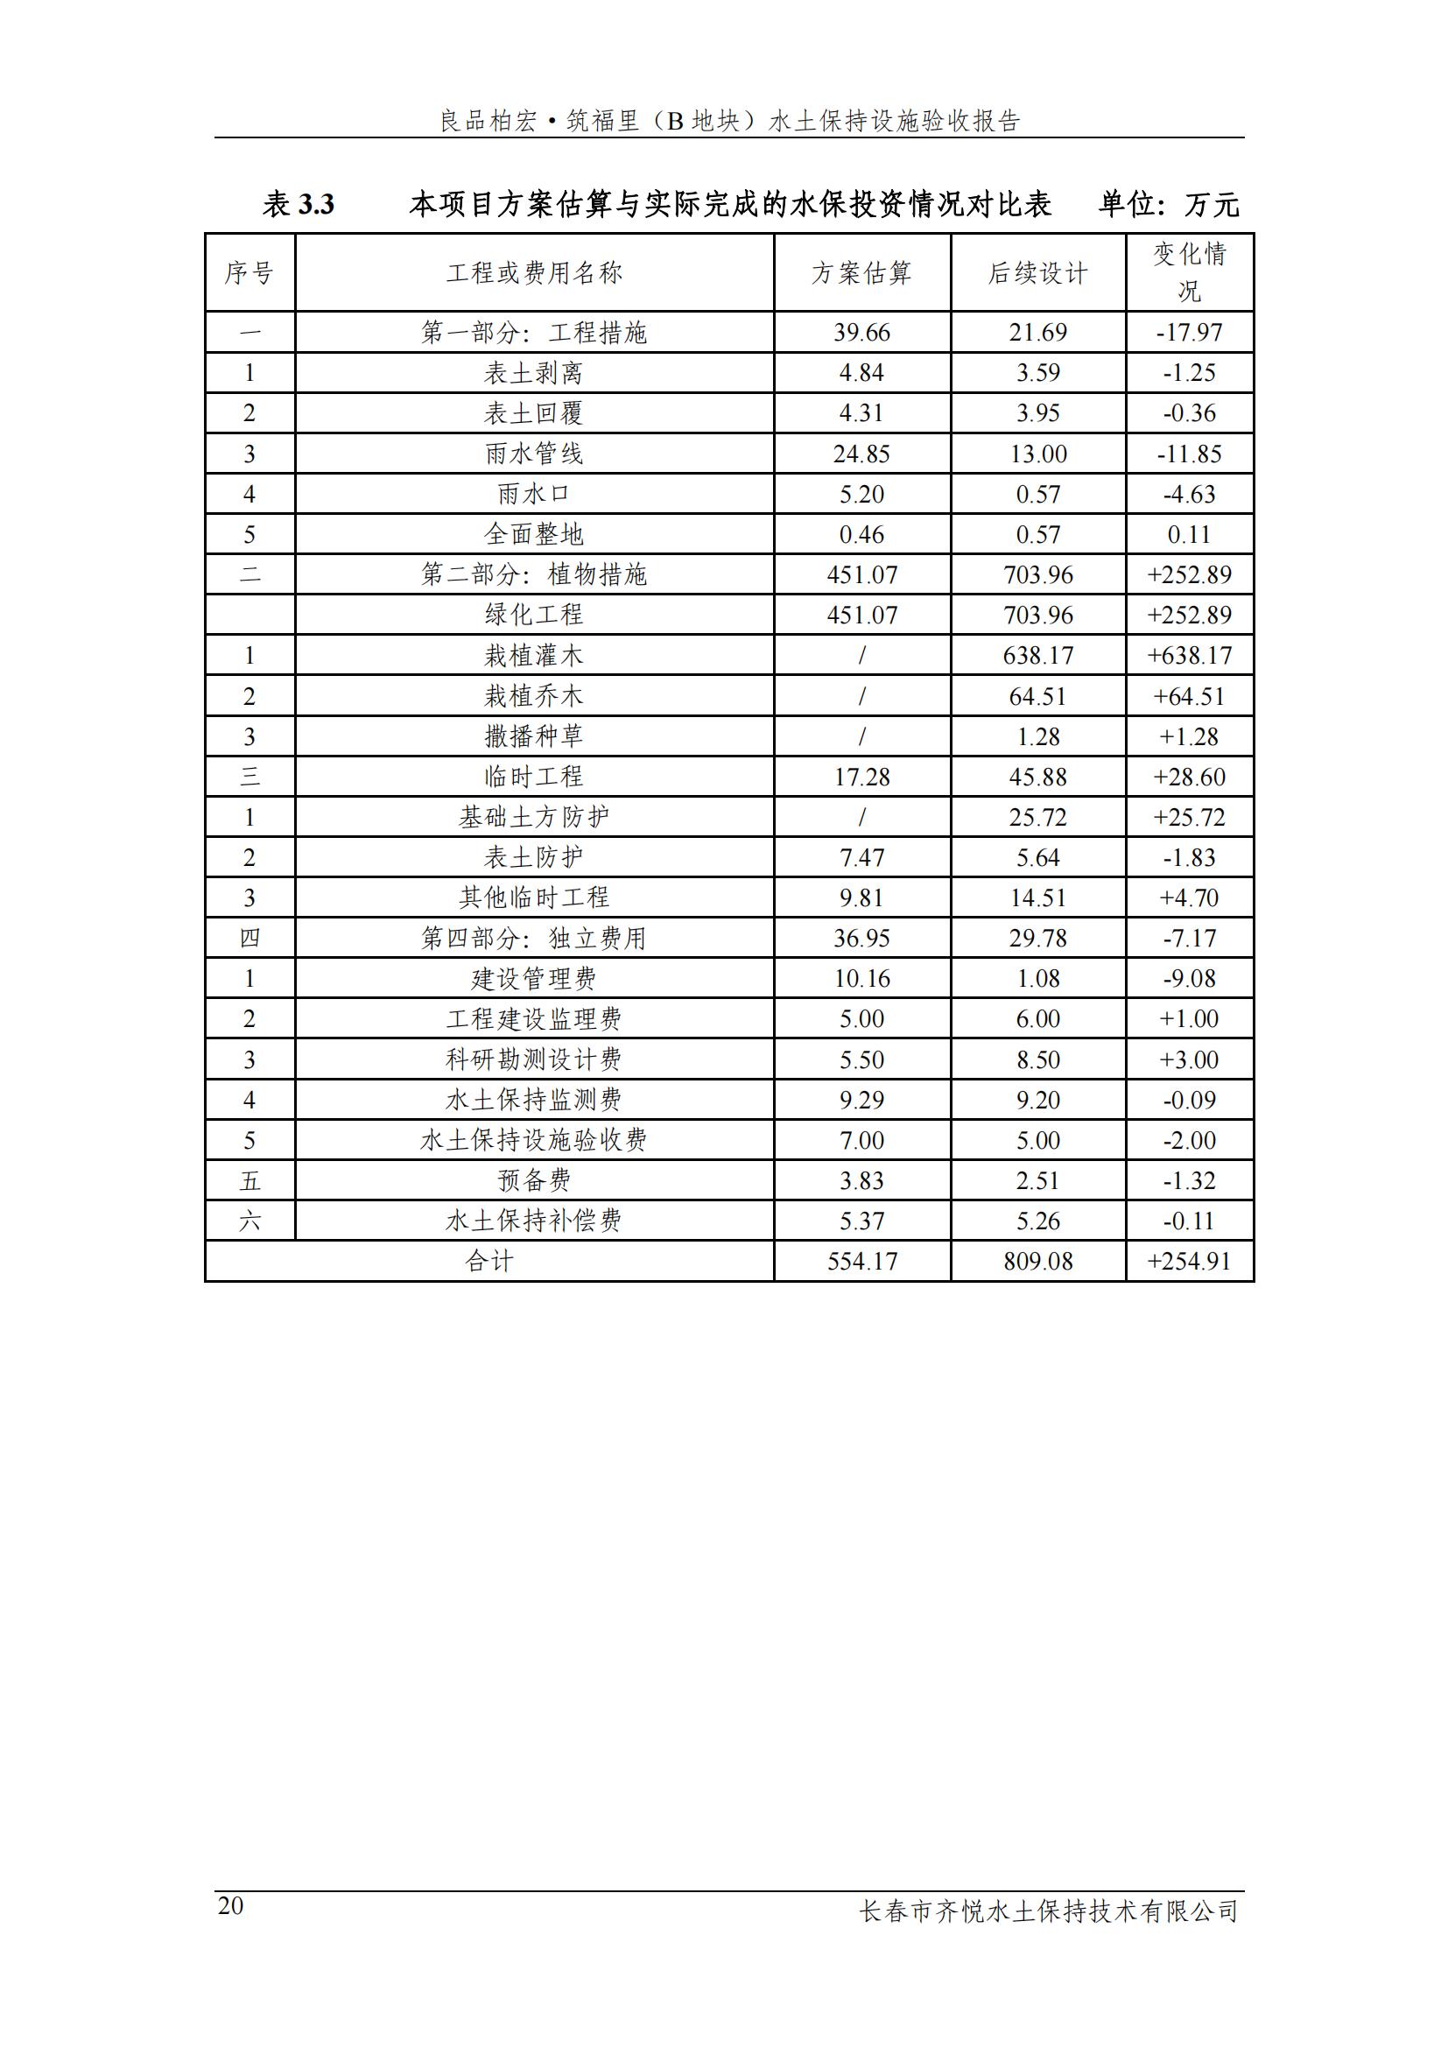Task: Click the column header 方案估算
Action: click(861, 273)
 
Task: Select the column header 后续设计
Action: click(1038, 273)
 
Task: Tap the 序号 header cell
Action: click(250, 273)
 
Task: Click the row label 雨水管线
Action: click(533, 454)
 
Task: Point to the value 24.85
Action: click(861, 454)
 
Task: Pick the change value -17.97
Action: click(1190, 333)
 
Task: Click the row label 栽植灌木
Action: click(533, 656)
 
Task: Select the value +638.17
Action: click(1190, 656)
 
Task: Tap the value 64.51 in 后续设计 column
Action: click(1038, 696)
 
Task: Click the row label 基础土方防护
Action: click(533, 817)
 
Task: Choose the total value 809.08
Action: click(1038, 1261)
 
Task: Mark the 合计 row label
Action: click(489, 1261)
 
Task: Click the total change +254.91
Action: click(1190, 1261)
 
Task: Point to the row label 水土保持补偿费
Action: click(533, 1221)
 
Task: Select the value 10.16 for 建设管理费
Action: click(861, 979)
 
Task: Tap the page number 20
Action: click(230, 1907)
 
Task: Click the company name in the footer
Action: click(1049, 1911)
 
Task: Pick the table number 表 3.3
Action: click(299, 205)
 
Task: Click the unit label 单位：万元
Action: click(1168, 205)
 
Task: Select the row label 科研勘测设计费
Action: click(533, 1059)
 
